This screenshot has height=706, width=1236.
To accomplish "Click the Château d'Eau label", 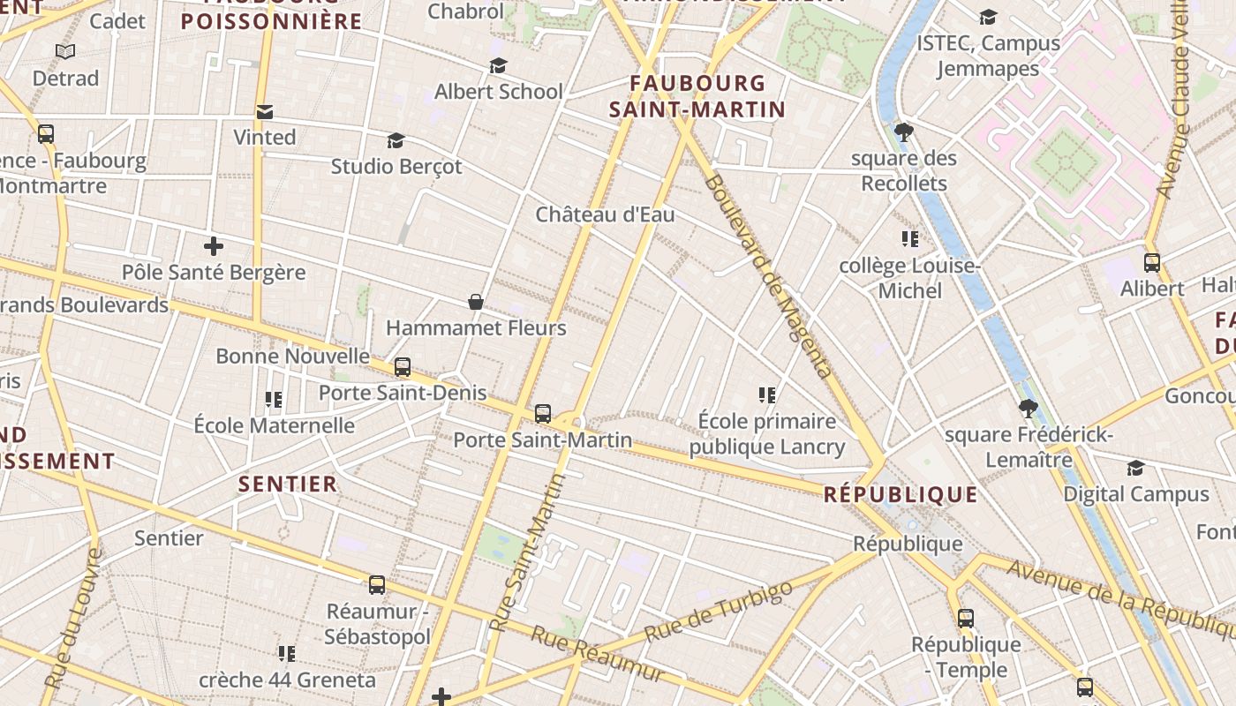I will click(x=605, y=214).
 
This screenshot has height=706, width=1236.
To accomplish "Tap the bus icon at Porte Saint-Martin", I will click(x=543, y=413).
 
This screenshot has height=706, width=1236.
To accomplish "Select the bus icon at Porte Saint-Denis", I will click(x=403, y=367).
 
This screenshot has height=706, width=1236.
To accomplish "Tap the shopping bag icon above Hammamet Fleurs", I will click(x=476, y=302).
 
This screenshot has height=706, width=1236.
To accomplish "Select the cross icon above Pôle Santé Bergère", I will click(x=213, y=246).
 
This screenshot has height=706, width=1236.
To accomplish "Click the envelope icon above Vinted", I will click(x=265, y=111).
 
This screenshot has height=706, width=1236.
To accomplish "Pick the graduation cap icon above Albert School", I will click(x=499, y=66).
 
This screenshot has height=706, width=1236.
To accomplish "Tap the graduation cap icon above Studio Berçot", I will click(x=396, y=140).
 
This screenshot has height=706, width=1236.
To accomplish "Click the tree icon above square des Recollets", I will click(x=903, y=132).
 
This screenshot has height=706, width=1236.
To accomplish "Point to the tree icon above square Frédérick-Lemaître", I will click(x=1028, y=409).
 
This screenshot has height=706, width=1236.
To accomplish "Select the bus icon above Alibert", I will click(x=1152, y=262).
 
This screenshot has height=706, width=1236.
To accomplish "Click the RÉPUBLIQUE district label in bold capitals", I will click(x=901, y=494).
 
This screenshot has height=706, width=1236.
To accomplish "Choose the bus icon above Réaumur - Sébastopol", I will click(x=377, y=584).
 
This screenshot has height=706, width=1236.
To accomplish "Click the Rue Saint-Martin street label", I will click(x=528, y=552).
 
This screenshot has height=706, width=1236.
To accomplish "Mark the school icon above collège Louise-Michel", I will click(x=909, y=239).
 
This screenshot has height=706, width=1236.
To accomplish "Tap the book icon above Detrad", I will click(x=65, y=52).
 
